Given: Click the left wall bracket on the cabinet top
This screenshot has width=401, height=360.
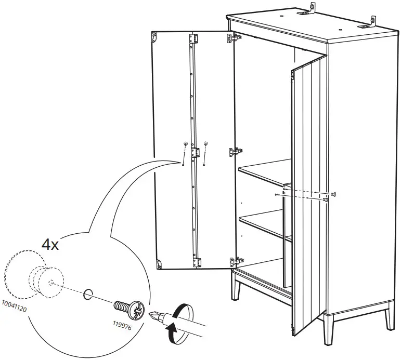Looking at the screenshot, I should pos(312,8).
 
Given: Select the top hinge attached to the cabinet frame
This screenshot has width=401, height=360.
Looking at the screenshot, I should pos(235,37).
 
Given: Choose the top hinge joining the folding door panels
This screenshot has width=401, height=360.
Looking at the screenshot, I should pos(194,39).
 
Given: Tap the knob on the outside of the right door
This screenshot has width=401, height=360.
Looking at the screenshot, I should pos(333,194).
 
